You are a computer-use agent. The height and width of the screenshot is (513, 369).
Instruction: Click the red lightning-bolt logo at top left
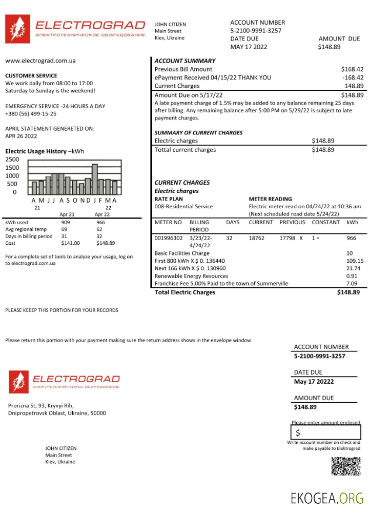pos(17,29)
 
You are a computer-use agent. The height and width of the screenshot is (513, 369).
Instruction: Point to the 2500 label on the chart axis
pos(12,159)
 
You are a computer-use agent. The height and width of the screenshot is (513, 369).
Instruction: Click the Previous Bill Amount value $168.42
pos(352,69)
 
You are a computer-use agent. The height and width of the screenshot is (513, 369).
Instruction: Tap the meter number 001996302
pos(168,238)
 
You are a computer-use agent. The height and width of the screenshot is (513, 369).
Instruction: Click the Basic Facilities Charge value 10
pos(350,253)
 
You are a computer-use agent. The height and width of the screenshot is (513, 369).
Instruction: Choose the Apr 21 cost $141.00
pos(70,243)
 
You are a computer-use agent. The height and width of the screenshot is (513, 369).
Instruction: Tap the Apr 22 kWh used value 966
pos(100,223)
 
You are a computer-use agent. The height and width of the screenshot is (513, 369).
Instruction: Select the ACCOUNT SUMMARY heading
pos(185,61)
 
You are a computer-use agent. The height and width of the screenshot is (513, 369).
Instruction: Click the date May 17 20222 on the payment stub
pos(314,382)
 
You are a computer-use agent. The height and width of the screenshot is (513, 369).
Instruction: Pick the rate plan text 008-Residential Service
pos(183,206)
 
